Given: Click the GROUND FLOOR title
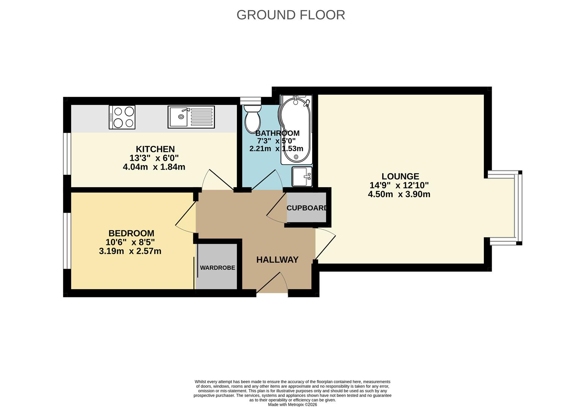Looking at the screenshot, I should [290, 15].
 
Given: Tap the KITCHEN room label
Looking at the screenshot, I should [155, 149].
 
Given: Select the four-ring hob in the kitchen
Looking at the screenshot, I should [122, 117].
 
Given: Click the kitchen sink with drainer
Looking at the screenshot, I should [191, 117].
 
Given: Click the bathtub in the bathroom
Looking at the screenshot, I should [296, 130].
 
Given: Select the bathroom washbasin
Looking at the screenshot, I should [302, 176].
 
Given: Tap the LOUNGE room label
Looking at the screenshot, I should [400, 176].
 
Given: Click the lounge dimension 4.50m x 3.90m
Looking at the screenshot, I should [399, 194].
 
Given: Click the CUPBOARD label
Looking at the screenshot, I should [307, 208].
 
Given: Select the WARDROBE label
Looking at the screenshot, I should [217, 268].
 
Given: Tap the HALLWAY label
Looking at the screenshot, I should [277, 260].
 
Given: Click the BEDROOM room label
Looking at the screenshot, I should [131, 233].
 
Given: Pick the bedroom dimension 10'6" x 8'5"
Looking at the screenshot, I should [130, 242].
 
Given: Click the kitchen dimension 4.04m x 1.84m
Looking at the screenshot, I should [154, 167].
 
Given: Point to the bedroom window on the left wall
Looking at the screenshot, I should [67, 241].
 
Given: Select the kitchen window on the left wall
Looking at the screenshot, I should [67, 154].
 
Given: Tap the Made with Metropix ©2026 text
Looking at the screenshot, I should [292, 404].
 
